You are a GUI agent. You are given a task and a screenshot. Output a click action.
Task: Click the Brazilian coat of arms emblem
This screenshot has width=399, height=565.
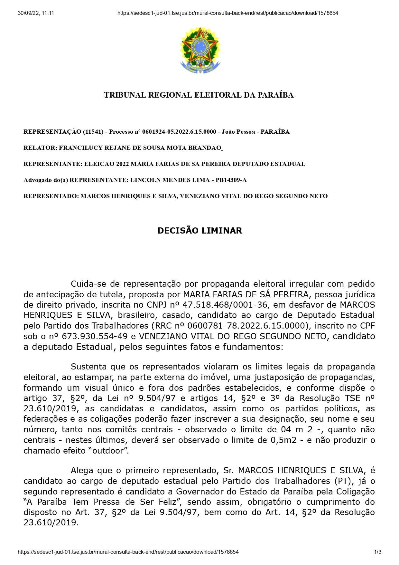pyautogui.click(x=200, y=51)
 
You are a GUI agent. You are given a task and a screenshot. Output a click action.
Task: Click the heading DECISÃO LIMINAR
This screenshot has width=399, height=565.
pyautogui.click(x=199, y=231)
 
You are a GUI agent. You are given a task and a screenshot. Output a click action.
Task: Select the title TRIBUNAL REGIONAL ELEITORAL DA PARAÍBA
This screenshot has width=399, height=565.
pyautogui.click(x=199, y=95)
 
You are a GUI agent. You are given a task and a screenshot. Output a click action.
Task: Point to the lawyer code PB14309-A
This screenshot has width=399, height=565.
pyautogui.click(x=231, y=180)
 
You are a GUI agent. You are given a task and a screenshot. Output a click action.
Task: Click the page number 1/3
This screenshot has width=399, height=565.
pyautogui.click(x=378, y=552)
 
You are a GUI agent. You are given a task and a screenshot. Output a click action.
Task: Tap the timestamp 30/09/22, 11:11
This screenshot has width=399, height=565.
pyautogui.click(x=36, y=13)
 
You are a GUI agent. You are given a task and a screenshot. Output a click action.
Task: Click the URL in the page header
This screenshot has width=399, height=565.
pyautogui.click(x=227, y=13)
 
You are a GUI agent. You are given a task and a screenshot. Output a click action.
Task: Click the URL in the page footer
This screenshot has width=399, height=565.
pyautogui.click(x=128, y=552)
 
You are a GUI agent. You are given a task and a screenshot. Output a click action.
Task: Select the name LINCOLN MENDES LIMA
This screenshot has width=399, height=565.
pyautogui.click(x=170, y=180)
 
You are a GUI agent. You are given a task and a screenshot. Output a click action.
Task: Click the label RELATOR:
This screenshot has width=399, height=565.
pyautogui.click(x=40, y=148)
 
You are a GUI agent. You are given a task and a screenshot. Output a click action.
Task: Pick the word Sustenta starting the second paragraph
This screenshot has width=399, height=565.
pyautogui.click(x=88, y=367)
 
